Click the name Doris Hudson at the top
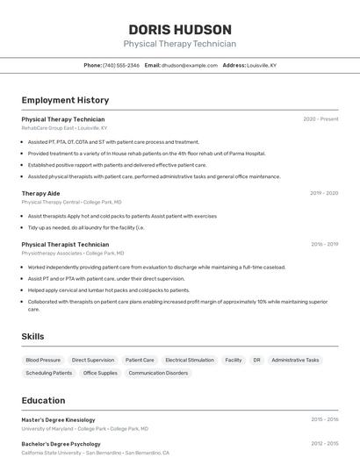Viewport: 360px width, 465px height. click(180, 29)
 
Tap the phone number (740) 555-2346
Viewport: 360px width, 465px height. click(121, 65)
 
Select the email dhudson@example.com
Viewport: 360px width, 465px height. click(189, 65)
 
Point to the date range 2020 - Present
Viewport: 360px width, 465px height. click(320, 118)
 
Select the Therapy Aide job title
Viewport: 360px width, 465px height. click(40, 192)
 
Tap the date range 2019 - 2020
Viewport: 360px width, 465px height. click(324, 192)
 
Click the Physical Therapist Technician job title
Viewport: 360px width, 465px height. click(65, 244)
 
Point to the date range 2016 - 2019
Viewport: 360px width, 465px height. click(324, 244)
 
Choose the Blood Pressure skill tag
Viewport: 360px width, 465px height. click(43, 360)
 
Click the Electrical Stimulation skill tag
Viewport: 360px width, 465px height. click(189, 360)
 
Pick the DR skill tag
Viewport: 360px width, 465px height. click(256, 360)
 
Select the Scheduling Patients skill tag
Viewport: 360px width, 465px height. click(49, 373)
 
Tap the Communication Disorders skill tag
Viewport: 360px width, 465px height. click(158, 373)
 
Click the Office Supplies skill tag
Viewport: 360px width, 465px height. click(100, 373)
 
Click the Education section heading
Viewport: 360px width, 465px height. click(43, 400)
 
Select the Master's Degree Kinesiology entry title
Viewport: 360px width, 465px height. click(58, 419)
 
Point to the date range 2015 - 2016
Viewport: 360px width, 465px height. click(324, 419)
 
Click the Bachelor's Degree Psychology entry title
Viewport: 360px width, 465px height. click(61, 444)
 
